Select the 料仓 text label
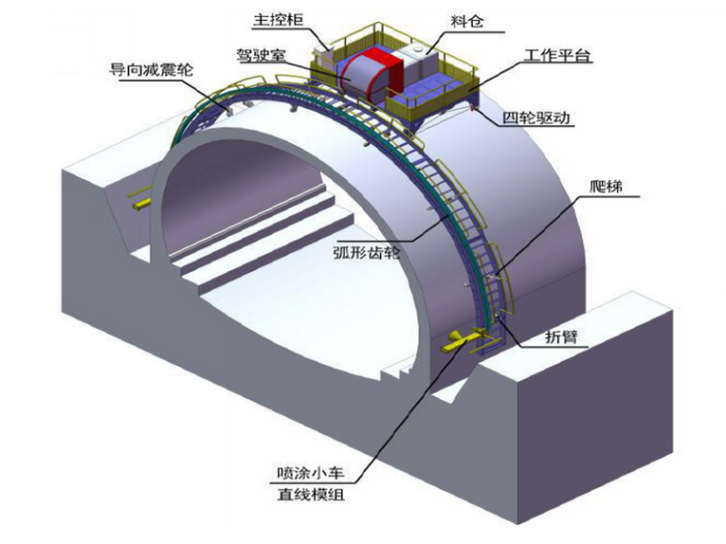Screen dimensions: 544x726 tap(465, 19)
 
